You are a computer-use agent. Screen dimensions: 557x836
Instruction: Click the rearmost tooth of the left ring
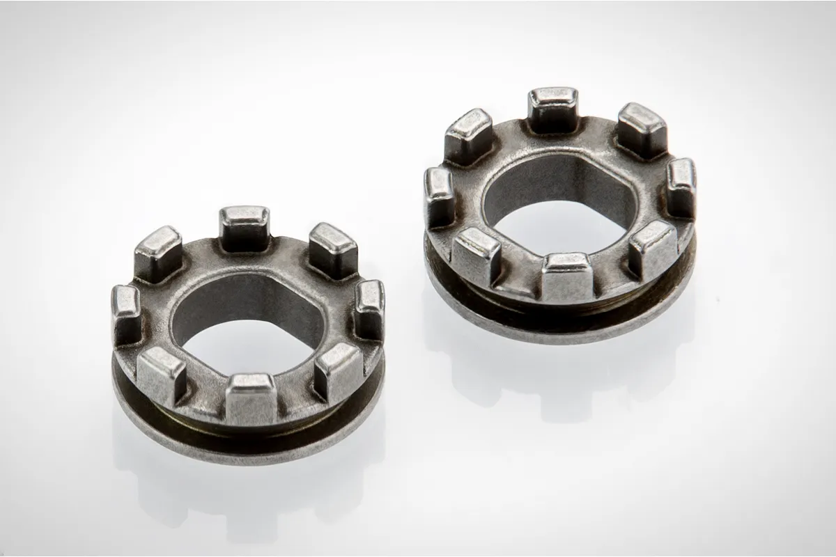(x=245, y=226)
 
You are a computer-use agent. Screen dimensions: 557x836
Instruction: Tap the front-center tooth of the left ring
(x=251, y=397)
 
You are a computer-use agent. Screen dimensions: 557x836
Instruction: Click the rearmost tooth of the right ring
(x=552, y=108)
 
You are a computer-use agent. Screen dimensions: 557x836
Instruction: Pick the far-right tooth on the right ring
(x=681, y=187)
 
